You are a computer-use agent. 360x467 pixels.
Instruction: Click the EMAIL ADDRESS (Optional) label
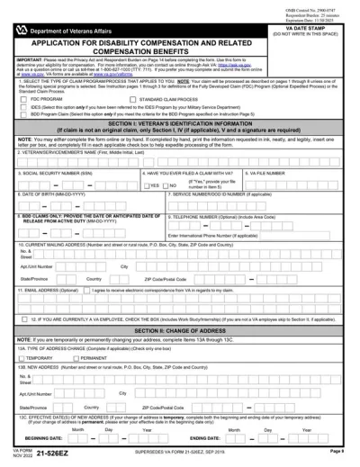coord(40,291)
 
